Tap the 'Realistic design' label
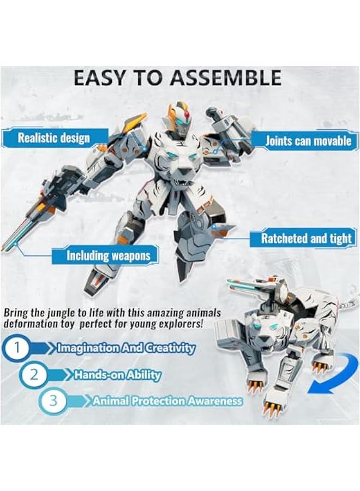53,137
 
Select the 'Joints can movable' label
308,141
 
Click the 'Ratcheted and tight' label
306,238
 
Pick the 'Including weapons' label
108,255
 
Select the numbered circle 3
53,401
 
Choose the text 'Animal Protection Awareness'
167,401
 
